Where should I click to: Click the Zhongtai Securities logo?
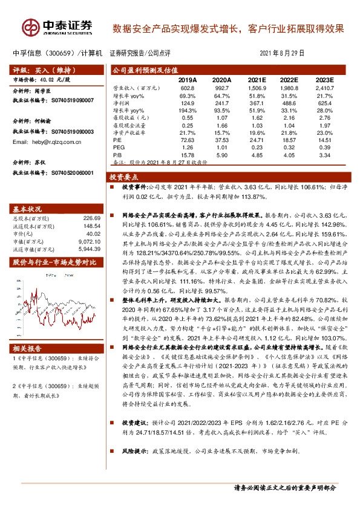pos(58,27)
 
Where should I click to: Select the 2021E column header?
pos(257,80)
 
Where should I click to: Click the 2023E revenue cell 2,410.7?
pos(324,88)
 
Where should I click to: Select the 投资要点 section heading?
pos(123,177)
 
